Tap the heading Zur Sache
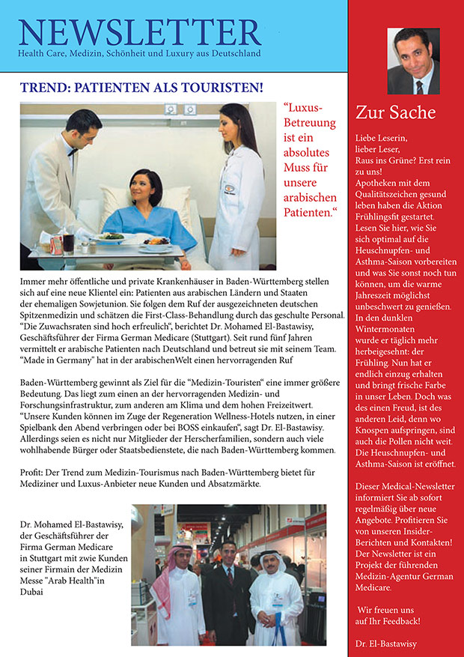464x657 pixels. coord(396,113)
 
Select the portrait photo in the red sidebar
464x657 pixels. coord(412,61)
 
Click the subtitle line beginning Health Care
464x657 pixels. coord(139,55)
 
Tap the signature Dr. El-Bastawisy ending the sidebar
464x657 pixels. coord(386,643)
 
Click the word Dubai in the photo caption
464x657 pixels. coord(34,591)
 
